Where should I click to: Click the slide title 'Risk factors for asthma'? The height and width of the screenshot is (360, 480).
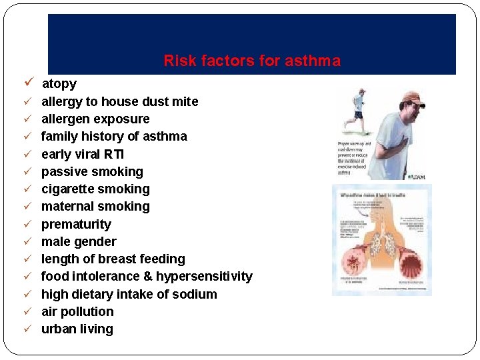point(252,61)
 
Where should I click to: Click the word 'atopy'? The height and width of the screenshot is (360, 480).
point(59,84)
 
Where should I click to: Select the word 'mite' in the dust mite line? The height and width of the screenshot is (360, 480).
point(185,101)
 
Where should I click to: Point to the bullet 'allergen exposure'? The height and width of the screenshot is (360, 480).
point(95,119)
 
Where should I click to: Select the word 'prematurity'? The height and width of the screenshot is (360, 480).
point(76,225)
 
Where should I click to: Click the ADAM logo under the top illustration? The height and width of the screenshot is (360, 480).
point(415,176)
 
